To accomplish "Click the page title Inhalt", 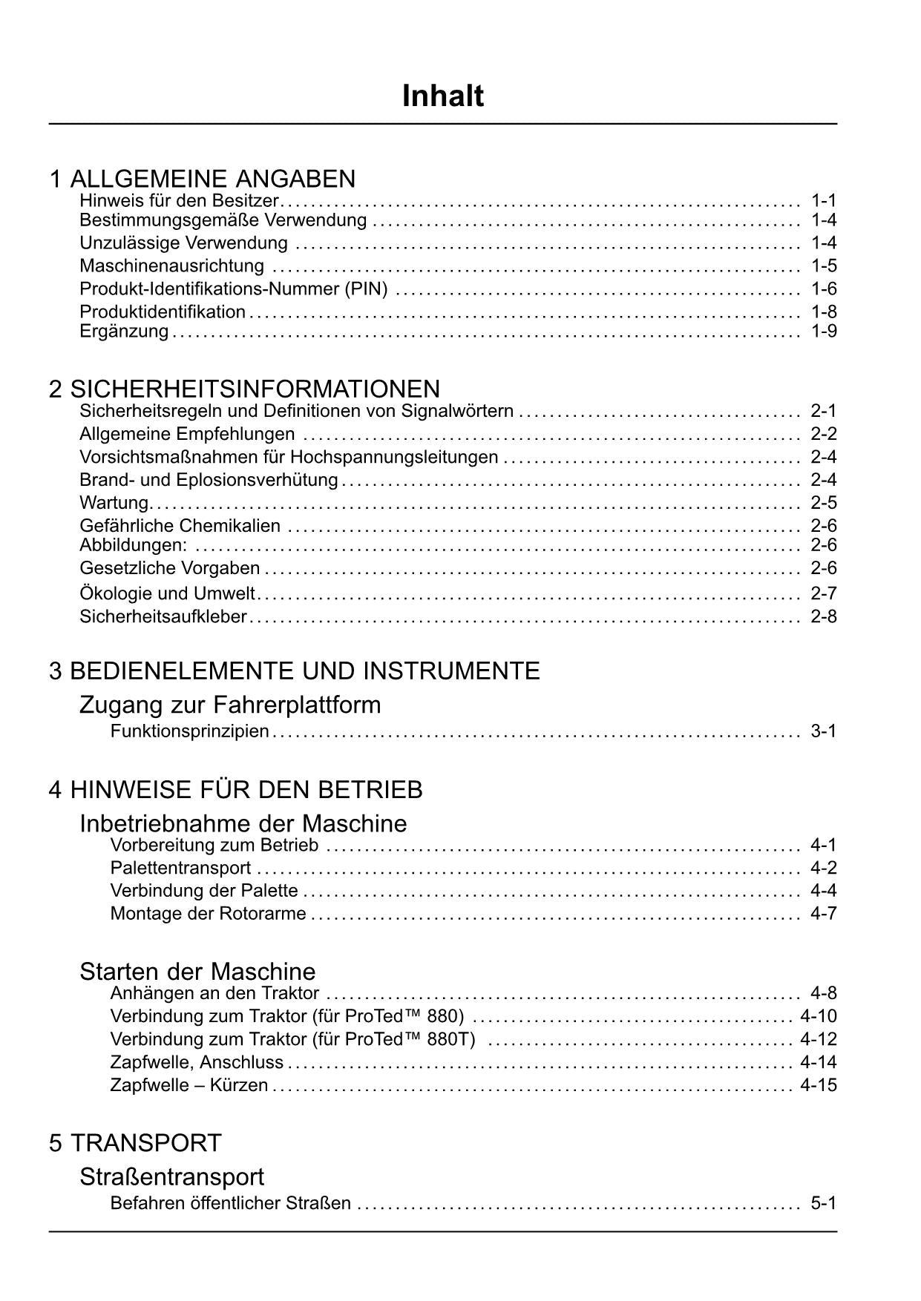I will [442, 96].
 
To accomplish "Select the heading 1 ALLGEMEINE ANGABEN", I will [202, 179].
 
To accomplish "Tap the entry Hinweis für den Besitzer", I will [179, 200].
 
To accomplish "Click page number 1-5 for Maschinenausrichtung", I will [824, 266].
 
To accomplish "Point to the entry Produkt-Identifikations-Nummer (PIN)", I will [234, 289].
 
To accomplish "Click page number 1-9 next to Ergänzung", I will [824, 331].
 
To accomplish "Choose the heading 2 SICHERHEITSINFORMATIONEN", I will [244, 389].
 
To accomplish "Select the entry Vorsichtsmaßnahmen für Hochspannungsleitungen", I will [289, 457].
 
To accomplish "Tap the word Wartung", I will [114, 503].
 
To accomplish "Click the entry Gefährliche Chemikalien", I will [180, 526].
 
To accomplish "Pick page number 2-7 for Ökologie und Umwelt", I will [824, 593].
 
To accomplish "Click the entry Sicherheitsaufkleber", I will [163, 616].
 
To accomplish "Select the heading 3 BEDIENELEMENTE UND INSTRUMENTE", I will [295, 671].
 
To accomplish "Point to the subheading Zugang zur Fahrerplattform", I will [230, 704].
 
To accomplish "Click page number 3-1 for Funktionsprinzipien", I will [824, 731].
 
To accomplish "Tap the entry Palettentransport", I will [180, 868].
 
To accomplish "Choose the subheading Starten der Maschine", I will [197, 971].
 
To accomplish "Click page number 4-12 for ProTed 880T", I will [819, 1039].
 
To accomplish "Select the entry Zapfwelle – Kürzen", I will [189, 1085].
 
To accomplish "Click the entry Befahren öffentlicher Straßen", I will [231, 1203].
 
